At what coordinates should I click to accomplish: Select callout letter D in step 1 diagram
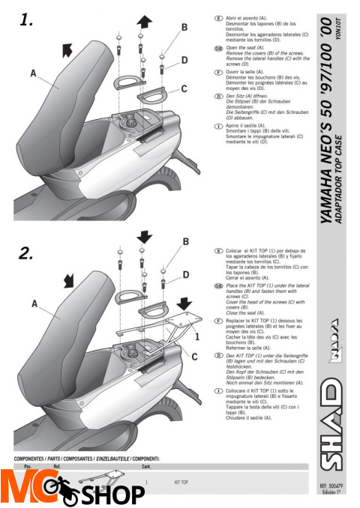(x=184, y=59)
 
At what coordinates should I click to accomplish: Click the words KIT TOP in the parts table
(x=181, y=483)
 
